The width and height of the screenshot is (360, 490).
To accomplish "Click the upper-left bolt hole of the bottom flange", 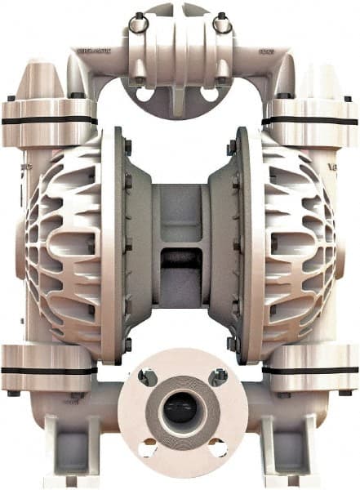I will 147,377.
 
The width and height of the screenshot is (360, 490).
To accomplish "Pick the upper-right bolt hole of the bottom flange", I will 217,376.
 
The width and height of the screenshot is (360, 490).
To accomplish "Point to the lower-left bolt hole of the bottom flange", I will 148,448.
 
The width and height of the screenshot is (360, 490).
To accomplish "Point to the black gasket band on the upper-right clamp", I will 310,121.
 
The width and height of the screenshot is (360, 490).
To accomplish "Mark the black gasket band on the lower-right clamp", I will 312,369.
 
